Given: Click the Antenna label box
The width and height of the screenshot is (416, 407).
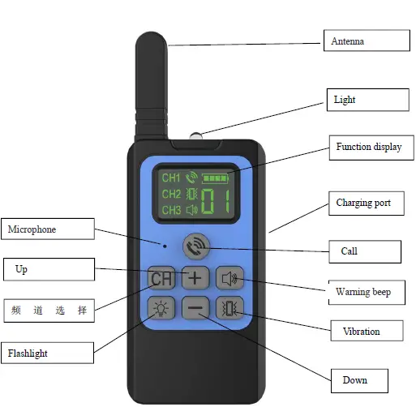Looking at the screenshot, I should point(366,41).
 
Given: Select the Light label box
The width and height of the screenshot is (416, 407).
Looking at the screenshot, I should point(367,100).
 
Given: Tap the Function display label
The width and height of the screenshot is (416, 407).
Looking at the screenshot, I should point(368,147).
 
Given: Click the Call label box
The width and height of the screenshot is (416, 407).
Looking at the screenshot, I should point(364,251).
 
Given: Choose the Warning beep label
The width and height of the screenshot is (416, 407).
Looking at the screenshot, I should point(367,291).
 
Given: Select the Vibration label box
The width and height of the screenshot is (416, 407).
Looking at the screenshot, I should point(367,331).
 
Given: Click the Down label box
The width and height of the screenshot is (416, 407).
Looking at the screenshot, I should point(358,379).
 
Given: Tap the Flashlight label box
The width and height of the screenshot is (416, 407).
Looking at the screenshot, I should point(46,353).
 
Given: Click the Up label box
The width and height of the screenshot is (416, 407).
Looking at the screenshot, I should point(49,269).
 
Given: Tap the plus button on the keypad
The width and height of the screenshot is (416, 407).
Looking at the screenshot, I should point(195,278).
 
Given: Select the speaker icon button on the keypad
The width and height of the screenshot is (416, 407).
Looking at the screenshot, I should point(229,279).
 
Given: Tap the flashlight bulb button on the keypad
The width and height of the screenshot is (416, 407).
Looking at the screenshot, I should point(161,308).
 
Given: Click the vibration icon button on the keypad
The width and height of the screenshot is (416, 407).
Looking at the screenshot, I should point(229,308).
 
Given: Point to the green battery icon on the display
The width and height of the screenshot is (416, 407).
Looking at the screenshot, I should point(217,177).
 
